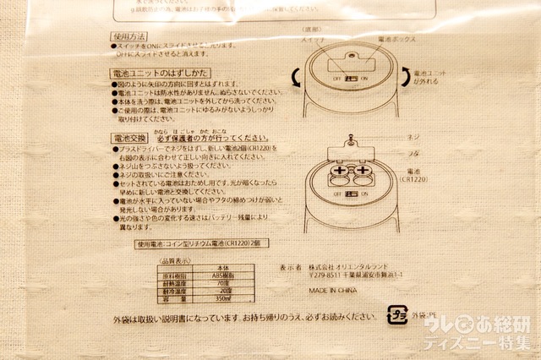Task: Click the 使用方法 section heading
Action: click(x=129, y=39)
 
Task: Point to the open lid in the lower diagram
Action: click(x=348, y=150)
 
